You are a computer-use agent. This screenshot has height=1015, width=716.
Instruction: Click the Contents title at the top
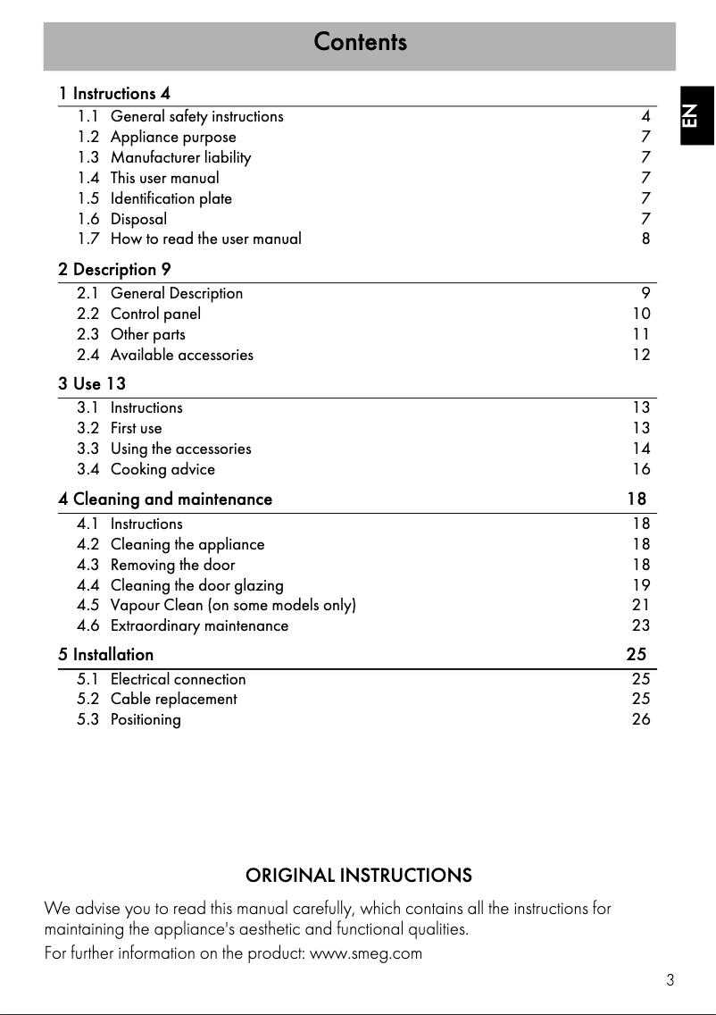(360, 42)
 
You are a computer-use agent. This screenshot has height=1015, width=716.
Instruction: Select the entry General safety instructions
(196, 116)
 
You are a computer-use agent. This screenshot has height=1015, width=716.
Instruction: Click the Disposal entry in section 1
(138, 219)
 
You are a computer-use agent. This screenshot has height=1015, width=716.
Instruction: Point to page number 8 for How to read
(645, 239)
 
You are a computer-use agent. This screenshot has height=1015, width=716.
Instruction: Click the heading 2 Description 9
(114, 269)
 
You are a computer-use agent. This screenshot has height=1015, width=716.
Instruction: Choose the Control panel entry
(155, 314)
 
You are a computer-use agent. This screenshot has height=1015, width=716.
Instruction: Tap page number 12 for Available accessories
(641, 355)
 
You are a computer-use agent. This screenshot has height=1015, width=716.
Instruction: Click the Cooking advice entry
(162, 469)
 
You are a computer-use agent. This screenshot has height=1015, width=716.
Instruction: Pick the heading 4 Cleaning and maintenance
(165, 499)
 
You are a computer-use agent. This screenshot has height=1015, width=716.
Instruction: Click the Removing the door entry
(172, 565)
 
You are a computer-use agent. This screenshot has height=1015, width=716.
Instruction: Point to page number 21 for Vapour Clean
(641, 606)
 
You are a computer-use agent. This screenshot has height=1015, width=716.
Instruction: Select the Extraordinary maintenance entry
(199, 625)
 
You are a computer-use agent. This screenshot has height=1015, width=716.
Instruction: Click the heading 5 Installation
(106, 654)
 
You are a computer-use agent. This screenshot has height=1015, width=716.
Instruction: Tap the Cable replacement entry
(173, 699)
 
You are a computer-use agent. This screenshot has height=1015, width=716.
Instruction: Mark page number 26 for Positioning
(641, 719)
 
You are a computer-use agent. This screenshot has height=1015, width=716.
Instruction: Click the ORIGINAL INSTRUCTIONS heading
(359, 875)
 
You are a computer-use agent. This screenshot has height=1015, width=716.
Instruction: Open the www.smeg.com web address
(365, 952)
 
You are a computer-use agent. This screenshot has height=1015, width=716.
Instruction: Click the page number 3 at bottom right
(670, 980)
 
